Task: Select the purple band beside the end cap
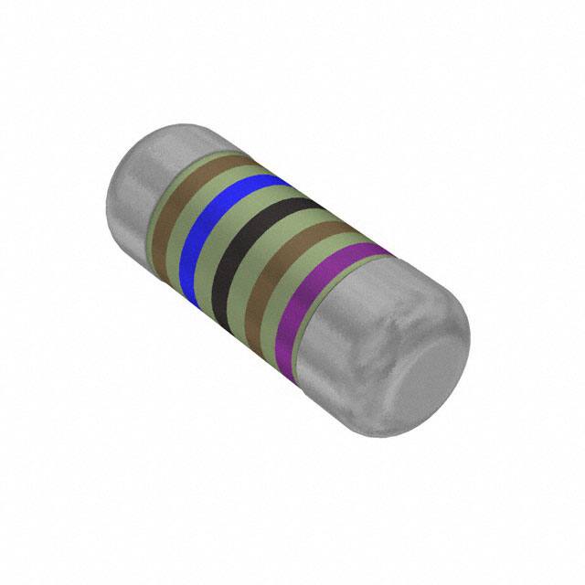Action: [311, 288]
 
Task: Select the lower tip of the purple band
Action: [289, 333]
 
